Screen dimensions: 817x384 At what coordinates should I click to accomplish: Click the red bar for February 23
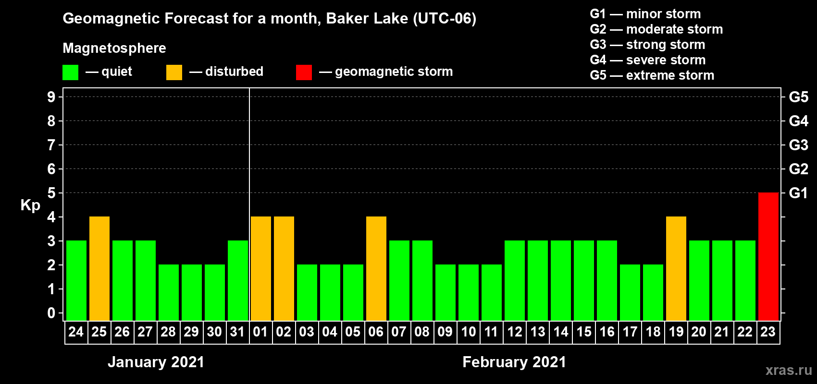pos(768,256)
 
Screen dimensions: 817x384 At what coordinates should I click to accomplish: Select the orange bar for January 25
pos(99,268)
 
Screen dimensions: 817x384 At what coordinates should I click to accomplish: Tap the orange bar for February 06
pos(376,268)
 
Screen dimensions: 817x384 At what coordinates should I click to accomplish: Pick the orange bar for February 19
pos(676,268)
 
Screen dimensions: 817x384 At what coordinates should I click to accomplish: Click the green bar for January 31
pos(238,280)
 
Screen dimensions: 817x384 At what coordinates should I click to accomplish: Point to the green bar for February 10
pos(468,292)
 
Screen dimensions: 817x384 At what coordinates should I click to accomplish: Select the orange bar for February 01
pos(261,268)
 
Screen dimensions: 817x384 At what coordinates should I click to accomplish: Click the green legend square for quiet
pos(70,72)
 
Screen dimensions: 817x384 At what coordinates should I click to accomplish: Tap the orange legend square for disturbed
pos(174,72)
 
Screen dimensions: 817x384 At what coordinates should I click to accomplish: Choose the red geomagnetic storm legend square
pos(304,72)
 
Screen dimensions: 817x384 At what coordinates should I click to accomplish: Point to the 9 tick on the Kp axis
pos(51,97)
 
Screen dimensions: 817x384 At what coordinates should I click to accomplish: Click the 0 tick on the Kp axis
pos(51,313)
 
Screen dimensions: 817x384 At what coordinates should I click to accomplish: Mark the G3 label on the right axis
pos(798,145)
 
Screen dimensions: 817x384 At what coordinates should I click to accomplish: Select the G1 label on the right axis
pos(798,193)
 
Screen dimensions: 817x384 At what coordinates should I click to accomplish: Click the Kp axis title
pos(30,205)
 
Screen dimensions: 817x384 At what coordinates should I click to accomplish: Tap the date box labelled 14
pos(560,332)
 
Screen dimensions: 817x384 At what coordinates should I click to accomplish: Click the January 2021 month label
pos(156,362)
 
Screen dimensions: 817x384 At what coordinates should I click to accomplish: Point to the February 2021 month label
pos(514,362)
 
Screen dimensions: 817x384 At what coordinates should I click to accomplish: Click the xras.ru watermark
pos(788,370)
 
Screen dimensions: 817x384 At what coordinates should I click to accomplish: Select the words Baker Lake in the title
pos(367,18)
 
